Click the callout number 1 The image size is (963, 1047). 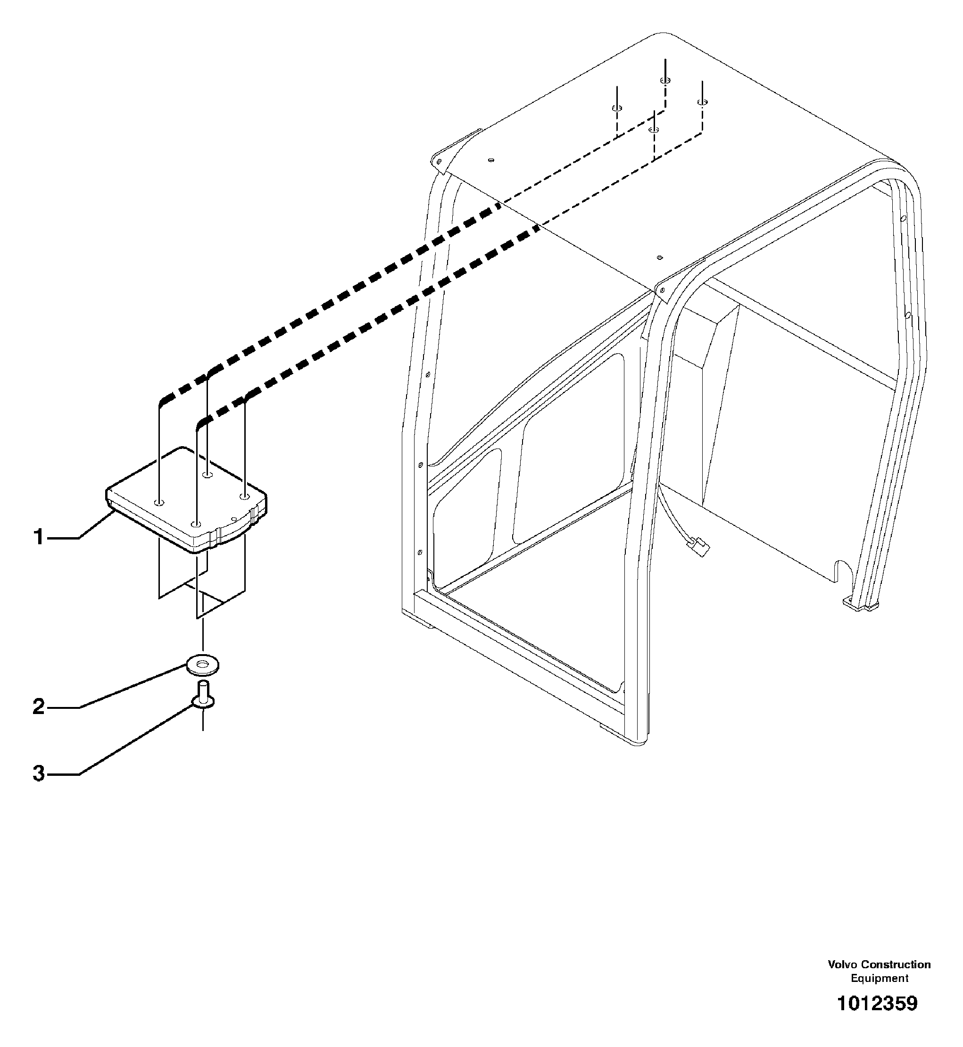click(39, 537)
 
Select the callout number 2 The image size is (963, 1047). click(39, 706)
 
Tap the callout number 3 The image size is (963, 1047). click(39, 773)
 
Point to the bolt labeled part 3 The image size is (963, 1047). click(203, 696)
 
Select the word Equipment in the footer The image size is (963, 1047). click(880, 978)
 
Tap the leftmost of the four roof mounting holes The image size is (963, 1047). click(616, 108)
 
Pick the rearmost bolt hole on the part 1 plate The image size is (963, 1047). click(208, 475)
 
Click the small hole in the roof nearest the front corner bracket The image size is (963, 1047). click(660, 257)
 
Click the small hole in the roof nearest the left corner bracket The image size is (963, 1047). click(491, 160)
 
